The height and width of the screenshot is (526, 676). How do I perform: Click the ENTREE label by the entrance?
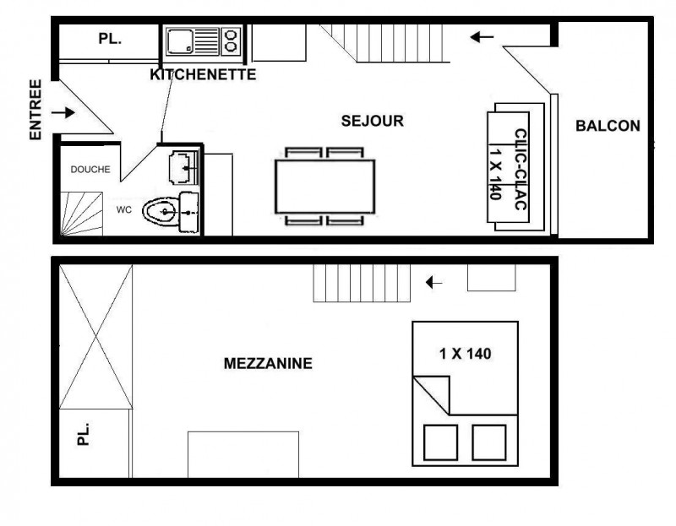[x=35, y=110]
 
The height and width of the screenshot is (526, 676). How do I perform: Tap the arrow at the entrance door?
[x=63, y=113]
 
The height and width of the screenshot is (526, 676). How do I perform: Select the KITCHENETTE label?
[x=203, y=74]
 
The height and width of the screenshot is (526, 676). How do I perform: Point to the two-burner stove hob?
[x=231, y=41]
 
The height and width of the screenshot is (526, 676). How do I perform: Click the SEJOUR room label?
[x=373, y=121]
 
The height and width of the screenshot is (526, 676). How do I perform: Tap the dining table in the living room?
[x=325, y=186]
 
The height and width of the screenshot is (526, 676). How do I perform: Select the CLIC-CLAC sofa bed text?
[x=521, y=170]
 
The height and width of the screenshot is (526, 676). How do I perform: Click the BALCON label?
[x=608, y=126]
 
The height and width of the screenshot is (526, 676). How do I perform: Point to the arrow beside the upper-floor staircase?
[x=482, y=37]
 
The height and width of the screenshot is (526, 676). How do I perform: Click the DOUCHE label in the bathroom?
[x=90, y=170]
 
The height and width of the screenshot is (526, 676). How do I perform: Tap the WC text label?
[x=123, y=210]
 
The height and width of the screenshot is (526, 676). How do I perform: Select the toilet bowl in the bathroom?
[x=160, y=212]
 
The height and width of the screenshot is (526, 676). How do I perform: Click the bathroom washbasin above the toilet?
[x=183, y=167]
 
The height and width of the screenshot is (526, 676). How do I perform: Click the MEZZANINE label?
[x=268, y=364]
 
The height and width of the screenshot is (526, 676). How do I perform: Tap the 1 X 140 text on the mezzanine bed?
[x=466, y=354]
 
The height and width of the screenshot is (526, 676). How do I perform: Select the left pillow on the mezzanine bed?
[x=440, y=442]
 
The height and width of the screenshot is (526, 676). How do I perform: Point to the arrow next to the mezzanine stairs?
[x=433, y=283]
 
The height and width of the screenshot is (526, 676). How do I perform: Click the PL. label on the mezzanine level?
[x=83, y=434]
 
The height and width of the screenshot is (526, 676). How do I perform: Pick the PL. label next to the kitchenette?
[x=110, y=39]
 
